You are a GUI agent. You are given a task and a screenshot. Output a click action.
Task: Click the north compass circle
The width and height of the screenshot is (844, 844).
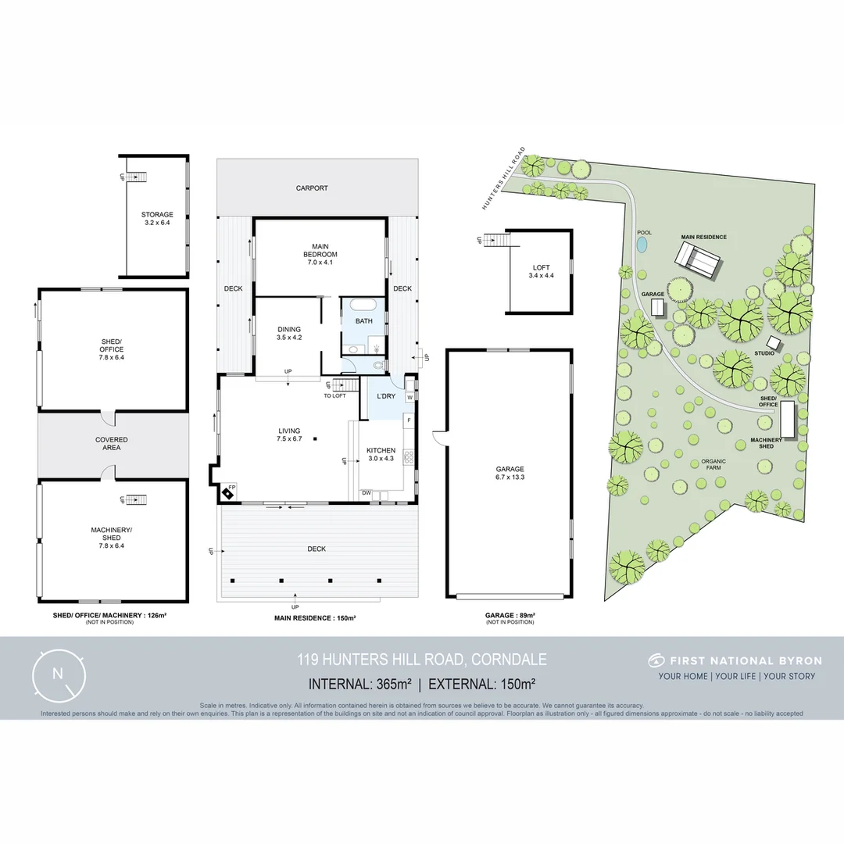pos(58,674)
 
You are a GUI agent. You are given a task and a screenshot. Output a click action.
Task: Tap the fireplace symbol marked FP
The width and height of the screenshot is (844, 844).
pos(228,492)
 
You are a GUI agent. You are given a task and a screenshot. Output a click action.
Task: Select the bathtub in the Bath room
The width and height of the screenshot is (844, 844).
pos(363,306)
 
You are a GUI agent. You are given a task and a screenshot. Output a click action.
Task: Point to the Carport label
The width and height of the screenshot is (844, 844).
pos(312,188)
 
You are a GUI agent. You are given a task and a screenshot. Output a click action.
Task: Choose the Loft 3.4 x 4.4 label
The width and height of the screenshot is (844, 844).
pos(540,272)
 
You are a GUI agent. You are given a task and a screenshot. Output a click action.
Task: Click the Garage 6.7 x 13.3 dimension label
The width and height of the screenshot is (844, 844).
pos(510,473)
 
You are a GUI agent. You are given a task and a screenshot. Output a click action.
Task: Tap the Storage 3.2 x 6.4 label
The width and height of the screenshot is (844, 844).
pos(157,219)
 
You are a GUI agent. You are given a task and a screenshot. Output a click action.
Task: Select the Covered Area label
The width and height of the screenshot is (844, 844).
pos(112,444)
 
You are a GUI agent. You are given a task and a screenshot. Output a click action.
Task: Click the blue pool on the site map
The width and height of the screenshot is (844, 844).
pos(642,245)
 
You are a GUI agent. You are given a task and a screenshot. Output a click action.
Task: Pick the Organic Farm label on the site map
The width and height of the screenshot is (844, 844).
pos(713,465)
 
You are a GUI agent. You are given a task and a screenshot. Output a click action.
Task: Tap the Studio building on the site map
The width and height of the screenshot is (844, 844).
pos(774,342)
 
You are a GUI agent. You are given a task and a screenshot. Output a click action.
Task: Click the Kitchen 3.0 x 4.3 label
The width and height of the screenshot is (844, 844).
pos(381,455)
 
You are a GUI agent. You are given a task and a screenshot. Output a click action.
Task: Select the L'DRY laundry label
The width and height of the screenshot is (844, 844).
pos(386,397)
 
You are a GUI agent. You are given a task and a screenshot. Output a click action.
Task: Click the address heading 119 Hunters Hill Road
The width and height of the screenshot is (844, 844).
pos(421,660)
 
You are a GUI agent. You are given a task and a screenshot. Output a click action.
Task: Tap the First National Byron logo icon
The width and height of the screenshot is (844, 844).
pos(655,660)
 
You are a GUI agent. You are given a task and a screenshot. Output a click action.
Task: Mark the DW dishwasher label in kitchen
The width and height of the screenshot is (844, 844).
pos(366,493)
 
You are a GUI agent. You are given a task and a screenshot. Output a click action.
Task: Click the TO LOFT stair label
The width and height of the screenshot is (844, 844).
pos(334,396)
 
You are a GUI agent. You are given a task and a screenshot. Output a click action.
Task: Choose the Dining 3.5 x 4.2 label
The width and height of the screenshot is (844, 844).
pos(289,334)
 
